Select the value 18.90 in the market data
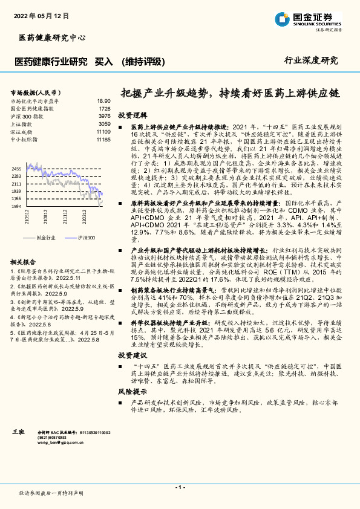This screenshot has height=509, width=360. click(103, 101)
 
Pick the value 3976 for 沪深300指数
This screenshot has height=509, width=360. click(104, 116)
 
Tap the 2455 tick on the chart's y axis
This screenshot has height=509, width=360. click(16, 169)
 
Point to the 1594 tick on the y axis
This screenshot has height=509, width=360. click(16, 206)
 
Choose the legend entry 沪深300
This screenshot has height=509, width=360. click(87, 239)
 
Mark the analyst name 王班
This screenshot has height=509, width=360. click(18, 433)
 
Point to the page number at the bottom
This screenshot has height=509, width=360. click(180, 487)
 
